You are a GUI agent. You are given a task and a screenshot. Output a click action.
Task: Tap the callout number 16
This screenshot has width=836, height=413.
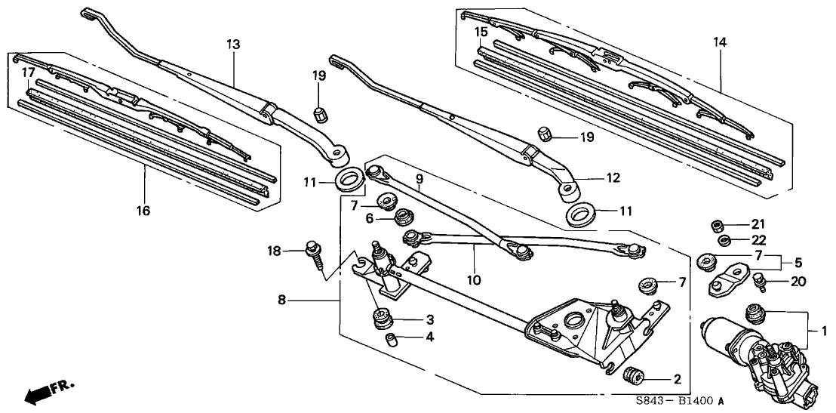144,211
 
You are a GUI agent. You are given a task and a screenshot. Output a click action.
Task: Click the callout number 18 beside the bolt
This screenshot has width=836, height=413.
275,250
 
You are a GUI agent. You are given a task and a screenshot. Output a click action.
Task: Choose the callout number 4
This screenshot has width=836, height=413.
429,337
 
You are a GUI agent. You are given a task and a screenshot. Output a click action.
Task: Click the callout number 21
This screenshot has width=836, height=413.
758,223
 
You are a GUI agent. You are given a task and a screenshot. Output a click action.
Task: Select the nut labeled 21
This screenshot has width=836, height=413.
717,224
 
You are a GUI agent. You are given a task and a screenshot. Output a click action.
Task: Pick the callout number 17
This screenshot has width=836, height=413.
29,72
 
